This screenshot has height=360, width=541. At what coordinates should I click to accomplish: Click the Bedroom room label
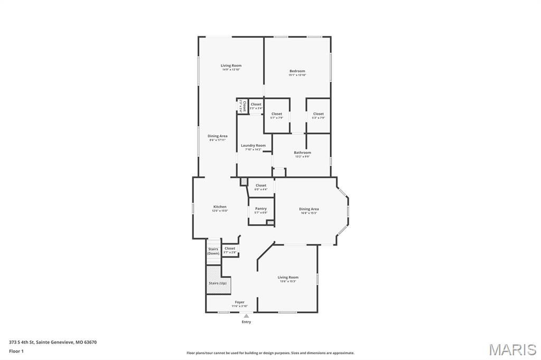pyautogui.click(x=297, y=71)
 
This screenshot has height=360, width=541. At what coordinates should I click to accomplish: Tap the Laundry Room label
pyautogui.click(x=253, y=146)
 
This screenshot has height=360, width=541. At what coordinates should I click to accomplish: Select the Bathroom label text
pyautogui.click(x=302, y=153)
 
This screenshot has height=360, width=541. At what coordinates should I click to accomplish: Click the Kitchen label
pyautogui.click(x=220, y=207)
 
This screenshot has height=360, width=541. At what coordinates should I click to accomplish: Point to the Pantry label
pyautogui.click(x=261, y=209)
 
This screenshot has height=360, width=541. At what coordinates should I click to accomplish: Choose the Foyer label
pyautogui.click(x=239, y=302)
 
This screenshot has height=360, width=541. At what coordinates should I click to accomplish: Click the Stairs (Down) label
pyautogui.click(x=213, y=251)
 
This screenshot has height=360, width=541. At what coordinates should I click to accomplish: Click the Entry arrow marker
pyautogui.click(x=246, y=316)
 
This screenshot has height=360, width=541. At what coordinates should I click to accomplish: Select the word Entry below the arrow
pyautogui.click(x=246, y=322)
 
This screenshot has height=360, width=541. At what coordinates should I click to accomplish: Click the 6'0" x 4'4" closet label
pyautogui.click(x=261, y=189)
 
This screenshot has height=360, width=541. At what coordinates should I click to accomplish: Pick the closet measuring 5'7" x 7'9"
pyautogui.click(x=277, y=116)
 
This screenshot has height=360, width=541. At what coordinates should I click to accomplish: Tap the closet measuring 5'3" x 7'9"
pyautogui.click(x=318, y=116)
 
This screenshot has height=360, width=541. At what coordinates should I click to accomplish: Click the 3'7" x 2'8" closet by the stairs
pyautogui.click(x=230, y=252)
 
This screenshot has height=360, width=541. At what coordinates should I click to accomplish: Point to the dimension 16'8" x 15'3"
pyautogui.click(x=309, y=213)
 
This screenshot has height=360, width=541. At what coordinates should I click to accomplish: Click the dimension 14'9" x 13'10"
pyautogui.click(x=231, y=70)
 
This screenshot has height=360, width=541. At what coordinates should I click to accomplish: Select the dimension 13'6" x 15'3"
pyautogui.click(x=288, y=281)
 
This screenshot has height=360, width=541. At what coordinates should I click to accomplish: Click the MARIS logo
pyautogui.click(x=512, y=349)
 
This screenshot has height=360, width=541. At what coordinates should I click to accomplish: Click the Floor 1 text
pyautogui.click(x=16, y=351)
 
